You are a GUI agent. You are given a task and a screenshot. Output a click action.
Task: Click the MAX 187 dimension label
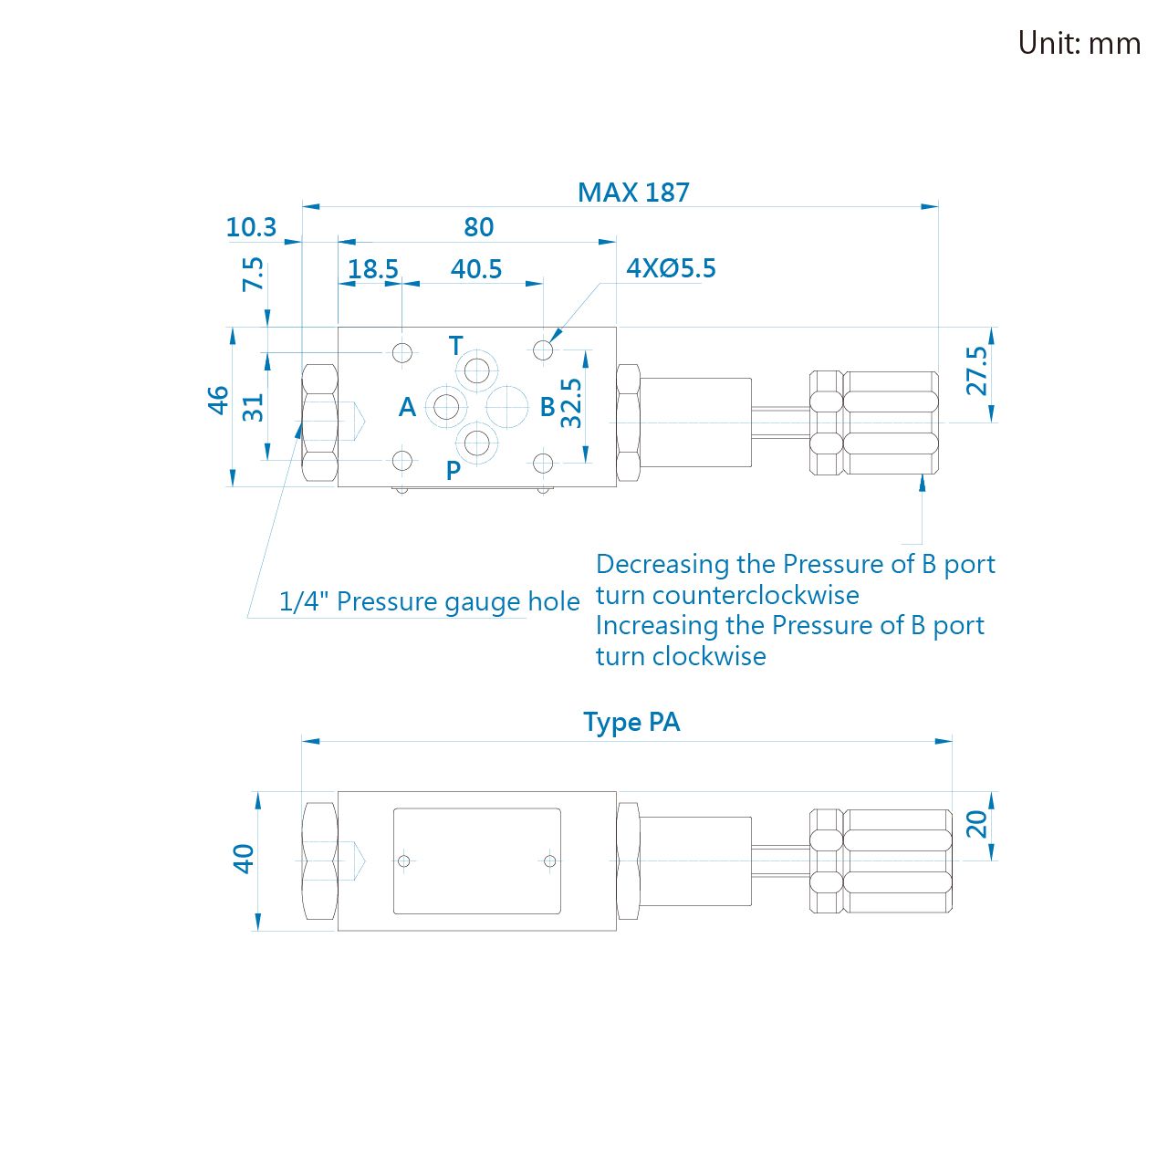point(633,193)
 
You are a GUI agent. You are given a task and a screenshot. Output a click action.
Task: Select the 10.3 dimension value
point(251,227)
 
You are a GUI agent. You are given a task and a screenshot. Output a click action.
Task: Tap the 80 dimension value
point(479,227)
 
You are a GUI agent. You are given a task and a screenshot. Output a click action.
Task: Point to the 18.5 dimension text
point(373,269)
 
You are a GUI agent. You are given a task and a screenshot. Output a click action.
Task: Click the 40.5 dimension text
point(476,269)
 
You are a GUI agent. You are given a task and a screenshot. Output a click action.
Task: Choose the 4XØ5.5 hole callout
point(671,268)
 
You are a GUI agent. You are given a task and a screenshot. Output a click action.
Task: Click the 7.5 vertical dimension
point(254,274)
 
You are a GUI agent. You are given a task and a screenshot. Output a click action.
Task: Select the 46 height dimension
point(218,400)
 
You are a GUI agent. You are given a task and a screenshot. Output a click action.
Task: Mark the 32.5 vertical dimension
point(571,403)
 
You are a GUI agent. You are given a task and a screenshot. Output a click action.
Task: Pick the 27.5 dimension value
point(976,370)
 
